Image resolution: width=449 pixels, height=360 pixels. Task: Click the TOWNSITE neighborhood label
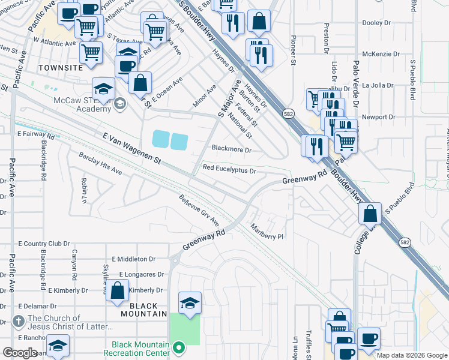pyautogui.click(x=60, y=68)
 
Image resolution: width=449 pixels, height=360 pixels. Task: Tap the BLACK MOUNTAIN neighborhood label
pyautogui.click(x=143, y=309)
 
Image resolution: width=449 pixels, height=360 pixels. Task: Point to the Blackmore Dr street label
pyautogui.click(x=231, y=148)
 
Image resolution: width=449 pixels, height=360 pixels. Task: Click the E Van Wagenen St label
pyautogui.click(x=133, y=150)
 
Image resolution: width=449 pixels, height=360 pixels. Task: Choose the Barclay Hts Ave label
pyautogui.click(x=100, y=164)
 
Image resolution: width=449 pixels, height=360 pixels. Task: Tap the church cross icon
pyautogui.click(x=19, y=322)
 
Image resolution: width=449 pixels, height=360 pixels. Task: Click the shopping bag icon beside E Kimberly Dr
pyautogui.click(x=118, y=290)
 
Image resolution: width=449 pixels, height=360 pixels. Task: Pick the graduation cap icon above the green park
pyautogui.click(x=190, y=303)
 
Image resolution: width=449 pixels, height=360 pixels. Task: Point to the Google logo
pyautogui.click(x=20, y=353)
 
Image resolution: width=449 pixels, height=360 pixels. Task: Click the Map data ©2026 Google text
pyautogui.click(x=412, y=355)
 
